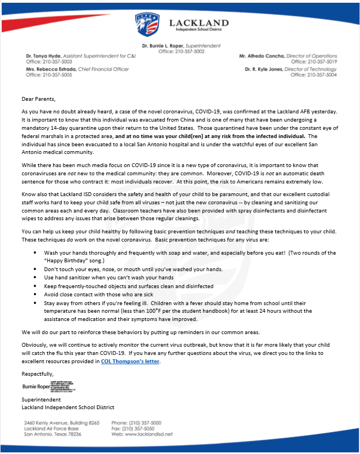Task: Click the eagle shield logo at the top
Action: click(x=148, y=25)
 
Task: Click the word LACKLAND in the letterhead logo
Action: click(x=199, y=22)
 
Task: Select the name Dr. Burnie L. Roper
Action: click(x=161, y=45)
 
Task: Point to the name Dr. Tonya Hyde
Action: click(x=43, y=56)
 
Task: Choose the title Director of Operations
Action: click(x=313, y=56)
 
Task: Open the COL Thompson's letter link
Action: click(x=130, y=361)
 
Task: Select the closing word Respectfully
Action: click(x=38, y=374)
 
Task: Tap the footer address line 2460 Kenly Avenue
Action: click(x=62, y=423)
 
